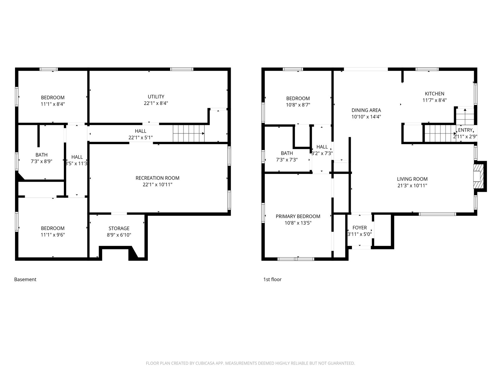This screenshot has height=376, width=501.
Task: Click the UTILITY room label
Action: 156,97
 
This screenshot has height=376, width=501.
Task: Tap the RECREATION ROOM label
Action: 158,178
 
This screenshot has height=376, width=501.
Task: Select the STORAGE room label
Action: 119,228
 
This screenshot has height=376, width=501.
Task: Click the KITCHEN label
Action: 435,94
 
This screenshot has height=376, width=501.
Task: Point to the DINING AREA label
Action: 366,110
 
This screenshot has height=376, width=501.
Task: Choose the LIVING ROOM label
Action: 412,179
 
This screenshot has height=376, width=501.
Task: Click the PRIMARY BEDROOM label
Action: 298,217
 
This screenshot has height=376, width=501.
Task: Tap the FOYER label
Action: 360,227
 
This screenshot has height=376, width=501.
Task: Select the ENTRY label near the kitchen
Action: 465,130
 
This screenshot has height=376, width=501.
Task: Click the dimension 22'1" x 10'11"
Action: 158,185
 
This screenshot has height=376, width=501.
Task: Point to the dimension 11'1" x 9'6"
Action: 53,235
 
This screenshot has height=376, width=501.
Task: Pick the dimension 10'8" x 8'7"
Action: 298,105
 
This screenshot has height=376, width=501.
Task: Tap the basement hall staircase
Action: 189,133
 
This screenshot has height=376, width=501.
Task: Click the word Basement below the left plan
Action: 25,279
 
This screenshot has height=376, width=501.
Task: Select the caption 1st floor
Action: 272,279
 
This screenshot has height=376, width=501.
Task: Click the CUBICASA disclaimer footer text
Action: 250,363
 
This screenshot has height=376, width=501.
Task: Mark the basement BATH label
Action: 42,155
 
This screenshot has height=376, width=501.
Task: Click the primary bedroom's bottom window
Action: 296,259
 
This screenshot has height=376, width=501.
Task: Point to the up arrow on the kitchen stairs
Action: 465,113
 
